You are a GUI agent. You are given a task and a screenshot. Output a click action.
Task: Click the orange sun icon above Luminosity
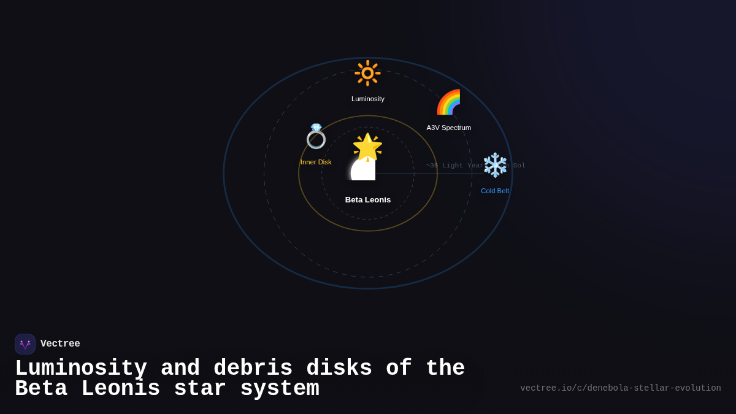click(x=367, y=73)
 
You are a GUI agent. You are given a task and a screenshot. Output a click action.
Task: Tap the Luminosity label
click(x=368, y=99)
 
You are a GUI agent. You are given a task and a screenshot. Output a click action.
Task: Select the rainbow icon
click(x=448, y=102)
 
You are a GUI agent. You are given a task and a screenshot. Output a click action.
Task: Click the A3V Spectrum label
click(x=448, y=128)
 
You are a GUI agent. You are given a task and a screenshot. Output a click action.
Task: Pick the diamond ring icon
click(x=316, y=136)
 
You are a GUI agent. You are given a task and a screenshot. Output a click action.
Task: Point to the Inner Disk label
click(x=316, y=162)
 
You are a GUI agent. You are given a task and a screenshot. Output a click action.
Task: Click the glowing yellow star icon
click(x=367, y=147)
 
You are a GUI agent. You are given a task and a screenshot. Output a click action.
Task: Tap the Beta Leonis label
click(x=368, y=199)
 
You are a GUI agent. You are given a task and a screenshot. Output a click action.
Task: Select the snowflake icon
click(x=495, y=165)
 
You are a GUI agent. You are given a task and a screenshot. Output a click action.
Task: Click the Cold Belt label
click(x=495, y=191)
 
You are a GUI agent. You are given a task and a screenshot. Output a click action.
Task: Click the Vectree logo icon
click(x=25, y=344)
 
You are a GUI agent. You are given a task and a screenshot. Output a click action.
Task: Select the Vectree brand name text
click(x=60, y=344)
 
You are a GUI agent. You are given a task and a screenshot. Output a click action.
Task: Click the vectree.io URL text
click(x=620, y=388)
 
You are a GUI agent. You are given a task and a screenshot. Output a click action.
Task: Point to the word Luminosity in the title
click(x=81, y=369)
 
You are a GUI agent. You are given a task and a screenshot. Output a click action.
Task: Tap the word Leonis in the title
click(x=120, y=389)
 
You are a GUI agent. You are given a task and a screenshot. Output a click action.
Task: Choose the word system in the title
click(x=280, y=389)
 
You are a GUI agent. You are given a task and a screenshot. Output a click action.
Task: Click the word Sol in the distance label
click(x=519, y=166)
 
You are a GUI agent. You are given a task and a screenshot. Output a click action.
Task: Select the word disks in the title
click(x=339, y=369)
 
